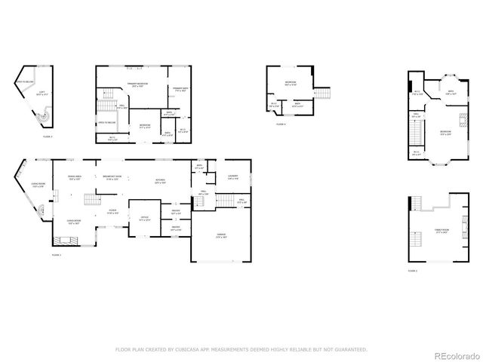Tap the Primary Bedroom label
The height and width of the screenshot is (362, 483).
click(137, 84)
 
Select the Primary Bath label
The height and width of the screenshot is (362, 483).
click(179, 90)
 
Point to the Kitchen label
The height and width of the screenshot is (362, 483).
click(160, 180)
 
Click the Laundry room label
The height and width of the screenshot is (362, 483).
click(233, 176)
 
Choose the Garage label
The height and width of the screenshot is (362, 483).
click(221, 236)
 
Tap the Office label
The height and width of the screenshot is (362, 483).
click(143, 218)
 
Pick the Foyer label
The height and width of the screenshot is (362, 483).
click(112, 212)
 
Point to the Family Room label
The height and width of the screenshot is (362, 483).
click(441, 230)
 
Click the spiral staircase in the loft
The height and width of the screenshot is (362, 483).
click(45, 118)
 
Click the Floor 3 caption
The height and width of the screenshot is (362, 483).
click(47, 137)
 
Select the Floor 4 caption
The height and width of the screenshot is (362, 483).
click(280, 124)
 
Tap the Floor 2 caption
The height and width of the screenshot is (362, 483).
click(413, 270)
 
